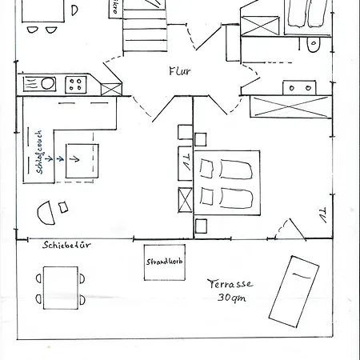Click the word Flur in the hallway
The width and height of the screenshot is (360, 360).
pyautogui.click(x=179, y=70)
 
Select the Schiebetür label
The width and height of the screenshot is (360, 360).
pyautogui.click(x=66, y=246)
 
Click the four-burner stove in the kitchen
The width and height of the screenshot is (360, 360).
pyautogui.click(x=78, y=82)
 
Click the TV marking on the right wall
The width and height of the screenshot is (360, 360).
pyautogui.click(x=321, y=214)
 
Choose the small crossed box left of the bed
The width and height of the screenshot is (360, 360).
pyautogui.click(x=186, y=197)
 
